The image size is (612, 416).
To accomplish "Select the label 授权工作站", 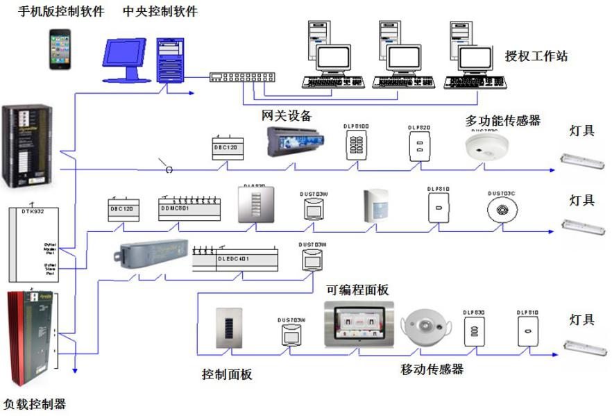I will coord(536,56).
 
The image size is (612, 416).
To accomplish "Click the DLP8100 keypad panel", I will coord(357,147).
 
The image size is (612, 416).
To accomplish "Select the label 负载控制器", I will coord(35,403).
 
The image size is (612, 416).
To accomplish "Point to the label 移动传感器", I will coord(432,369).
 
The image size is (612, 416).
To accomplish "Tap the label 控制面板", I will coord(227,375).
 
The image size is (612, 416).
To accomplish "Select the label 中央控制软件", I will coord(160,12).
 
